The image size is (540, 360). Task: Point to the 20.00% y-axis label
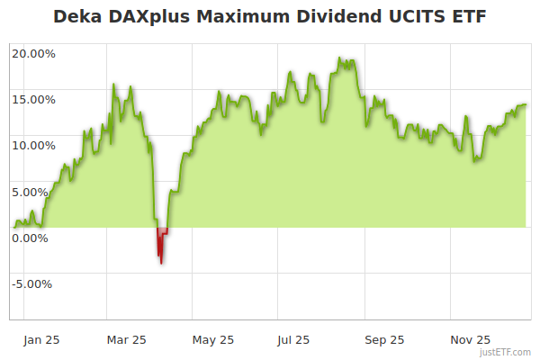pyautogui.click(x=33, y=53)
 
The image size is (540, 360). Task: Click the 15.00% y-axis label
pyautogui.click(x=33, y=99)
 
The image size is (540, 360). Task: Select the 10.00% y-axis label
pyautogui.click(x=33, y=145)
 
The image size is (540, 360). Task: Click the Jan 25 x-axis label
pyautogui.click(x=41, y=340)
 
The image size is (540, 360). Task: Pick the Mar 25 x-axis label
pyautogui.click(x=127, y=340)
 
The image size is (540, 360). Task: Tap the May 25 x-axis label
pyautogui.click(x=213, y=340)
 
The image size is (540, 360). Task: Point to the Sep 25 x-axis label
pyautogui.click(x=384, y=340)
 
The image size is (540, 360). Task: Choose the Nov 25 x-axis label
pyautogui.click(x=470, y=340)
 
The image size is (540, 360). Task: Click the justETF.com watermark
pyautogui.click(x=506, y=352)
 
